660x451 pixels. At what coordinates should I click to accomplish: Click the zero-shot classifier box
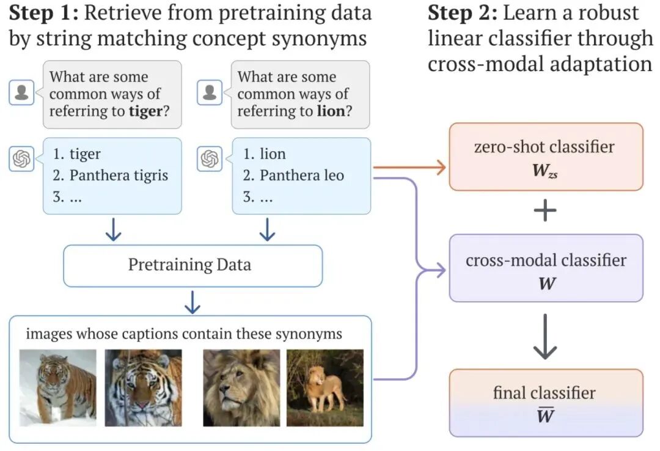[546, 157]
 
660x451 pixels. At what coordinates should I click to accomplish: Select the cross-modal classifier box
[546, 268]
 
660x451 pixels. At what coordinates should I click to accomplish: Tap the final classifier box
[546, 403]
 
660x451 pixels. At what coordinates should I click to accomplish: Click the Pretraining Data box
[193, 266]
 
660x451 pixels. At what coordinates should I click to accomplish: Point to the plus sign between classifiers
[545, 212]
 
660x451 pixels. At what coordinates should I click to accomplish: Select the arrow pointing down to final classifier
[545, 337]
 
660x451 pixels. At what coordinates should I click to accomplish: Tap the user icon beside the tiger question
[21, 93]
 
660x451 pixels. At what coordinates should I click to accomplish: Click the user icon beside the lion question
[210, 93]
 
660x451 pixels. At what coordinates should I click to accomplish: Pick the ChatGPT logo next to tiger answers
[21, 159]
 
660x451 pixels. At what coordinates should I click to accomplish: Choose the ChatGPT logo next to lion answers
[210, 159]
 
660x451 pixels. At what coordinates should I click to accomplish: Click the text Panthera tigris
[119, 176]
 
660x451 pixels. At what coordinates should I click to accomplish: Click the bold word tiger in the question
[145, 111]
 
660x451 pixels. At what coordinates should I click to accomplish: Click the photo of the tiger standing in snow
[57, 387]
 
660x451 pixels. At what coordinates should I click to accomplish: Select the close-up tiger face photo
[143, 387]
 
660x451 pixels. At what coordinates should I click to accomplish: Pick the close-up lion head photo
[241, 387]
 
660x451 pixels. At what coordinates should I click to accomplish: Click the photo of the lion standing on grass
[325, 387]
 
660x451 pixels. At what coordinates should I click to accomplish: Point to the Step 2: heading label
[461, 12]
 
